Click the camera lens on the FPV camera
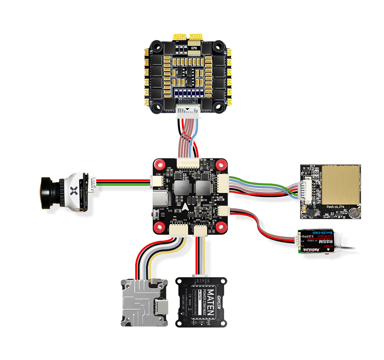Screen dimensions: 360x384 (x=48, y=192)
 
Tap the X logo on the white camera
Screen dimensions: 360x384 (x=74, y=191)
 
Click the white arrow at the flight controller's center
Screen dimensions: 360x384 (x=186, y=207)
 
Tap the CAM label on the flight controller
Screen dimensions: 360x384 (x=158, y=174)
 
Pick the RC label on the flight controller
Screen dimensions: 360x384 (x=221, y=218)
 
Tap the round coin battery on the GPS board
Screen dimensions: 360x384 (x=354, y=211)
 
